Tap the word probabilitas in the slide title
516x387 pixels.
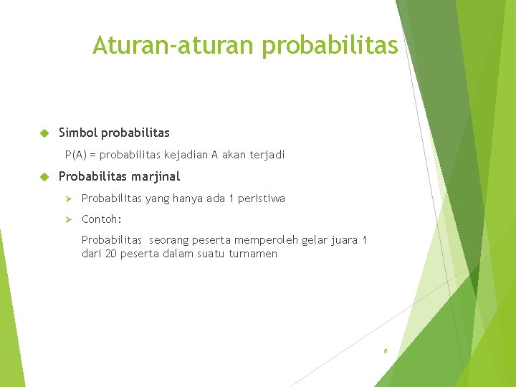[x=329, y=46]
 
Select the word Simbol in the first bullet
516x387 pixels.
[x=78, y=133]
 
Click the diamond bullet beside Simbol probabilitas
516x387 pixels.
[x=43, y=133]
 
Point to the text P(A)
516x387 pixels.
[x=76, y=154]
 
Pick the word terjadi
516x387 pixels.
[x=267, y=154]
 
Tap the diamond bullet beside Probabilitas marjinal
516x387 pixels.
[x=43, y=176]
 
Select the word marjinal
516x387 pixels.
[x=156, y=176]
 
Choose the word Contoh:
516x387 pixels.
[x=101, y=219]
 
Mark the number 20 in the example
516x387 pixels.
[x=111, y=254]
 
